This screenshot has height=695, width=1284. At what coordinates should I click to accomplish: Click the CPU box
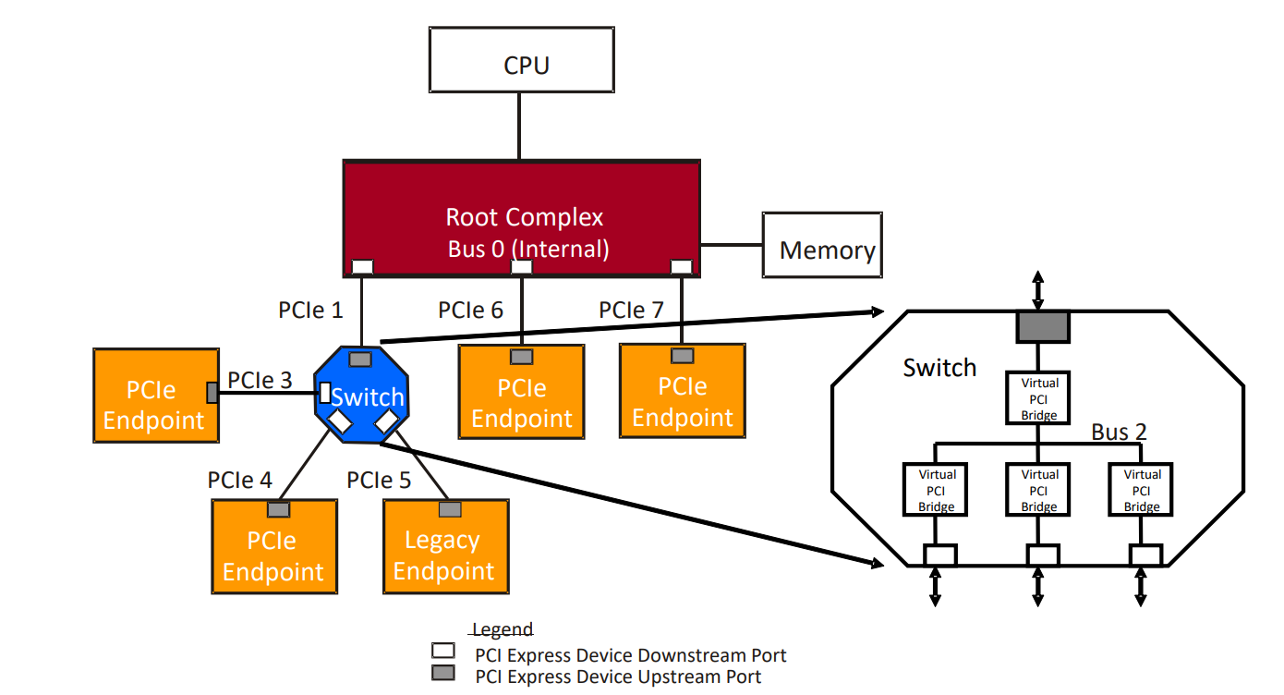[x=522, y=60]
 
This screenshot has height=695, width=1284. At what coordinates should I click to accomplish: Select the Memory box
[x=820, y=245]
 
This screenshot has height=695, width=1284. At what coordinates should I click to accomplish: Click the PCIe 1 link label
[x=310, y=310]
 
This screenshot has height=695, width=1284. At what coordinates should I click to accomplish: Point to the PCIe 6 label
[x=471, y=310]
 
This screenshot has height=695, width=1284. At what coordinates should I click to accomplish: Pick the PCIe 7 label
[x=632, y=310]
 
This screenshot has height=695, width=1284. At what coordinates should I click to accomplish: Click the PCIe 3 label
[x=260, y=380]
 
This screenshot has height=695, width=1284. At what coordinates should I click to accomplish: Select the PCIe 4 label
[x=240, y=481]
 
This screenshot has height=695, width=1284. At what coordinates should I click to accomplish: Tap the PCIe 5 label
[x=379, y=481]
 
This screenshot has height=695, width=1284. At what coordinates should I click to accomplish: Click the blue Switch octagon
[x=362, y=396]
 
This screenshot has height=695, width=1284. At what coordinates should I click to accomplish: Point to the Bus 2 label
[x=1119, y=432]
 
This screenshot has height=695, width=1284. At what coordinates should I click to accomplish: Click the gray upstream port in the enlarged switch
[x=1042, y=325]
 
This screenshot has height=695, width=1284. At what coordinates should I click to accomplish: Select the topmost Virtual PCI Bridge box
[x=1039, y=398]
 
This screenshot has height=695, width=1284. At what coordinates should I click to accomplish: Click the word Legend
[x=503, y=630]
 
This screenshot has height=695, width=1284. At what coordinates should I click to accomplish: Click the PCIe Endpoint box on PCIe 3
[x=155, y=395]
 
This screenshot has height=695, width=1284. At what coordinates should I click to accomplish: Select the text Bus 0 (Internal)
[x=527, y=249]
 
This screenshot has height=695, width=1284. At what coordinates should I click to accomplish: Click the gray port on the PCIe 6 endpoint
[x=522, y=357]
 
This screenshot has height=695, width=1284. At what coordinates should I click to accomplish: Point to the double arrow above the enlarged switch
[x=1037, y=289]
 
